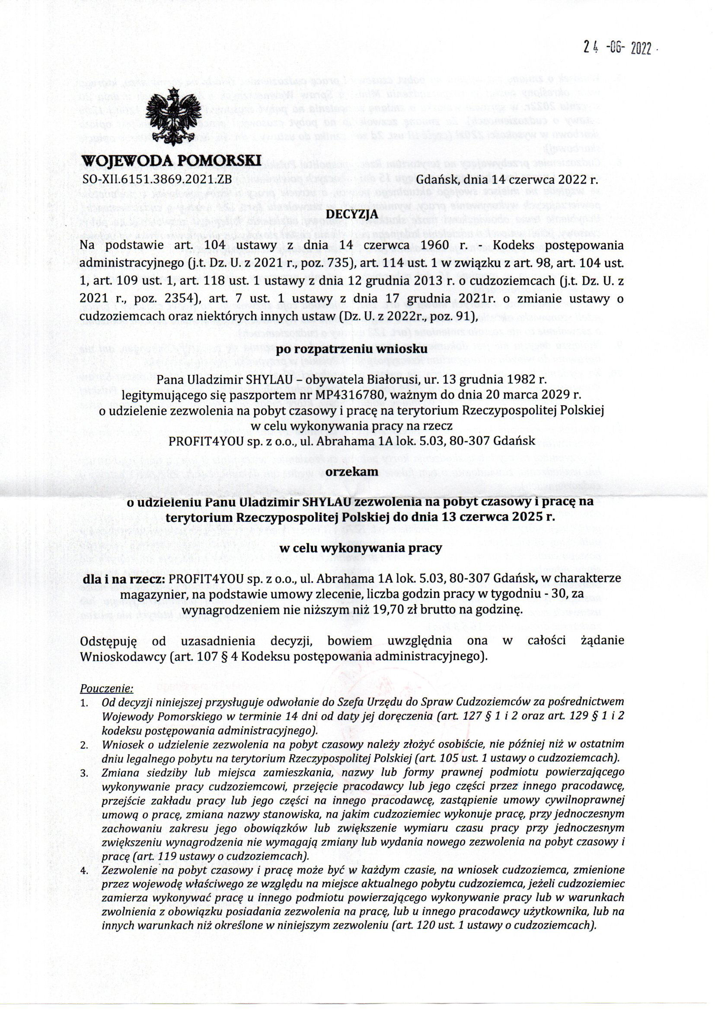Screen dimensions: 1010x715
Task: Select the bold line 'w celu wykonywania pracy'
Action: (357, 549)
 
